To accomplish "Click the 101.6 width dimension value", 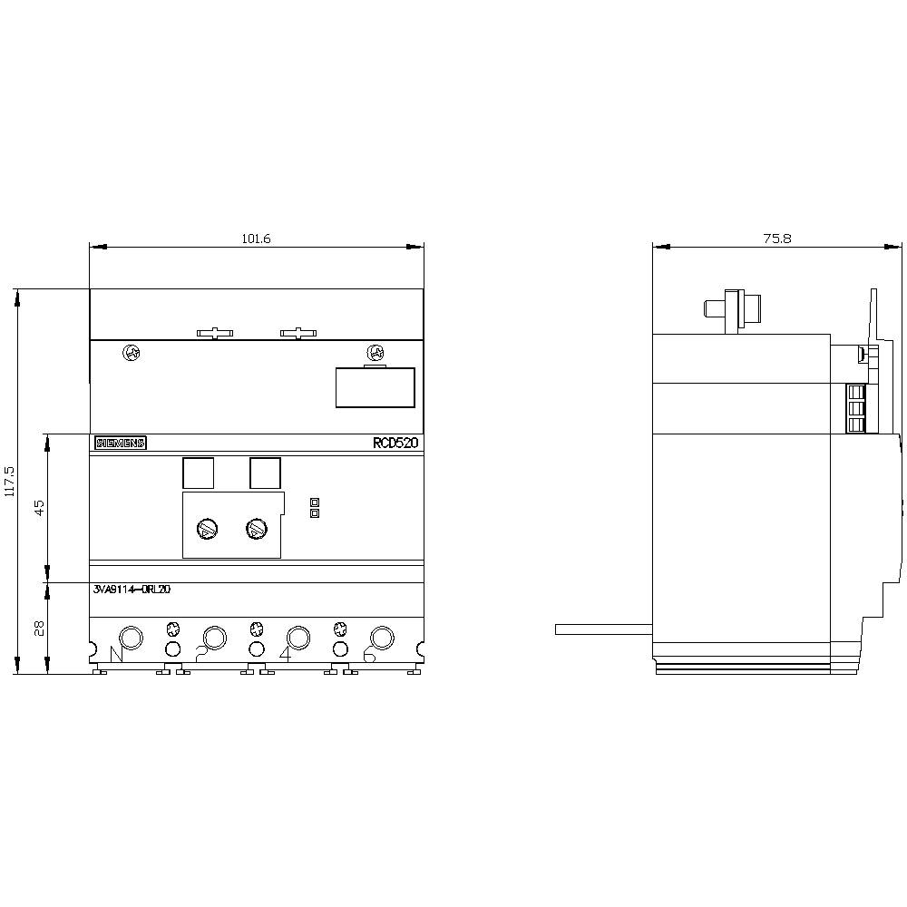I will (x=257, y=239).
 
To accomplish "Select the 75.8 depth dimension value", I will (x=776, y=239).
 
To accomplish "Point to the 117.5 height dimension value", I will (x=10, y=482).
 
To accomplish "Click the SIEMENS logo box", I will (x=120, y=444).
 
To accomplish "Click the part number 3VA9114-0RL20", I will (x=132, y=589).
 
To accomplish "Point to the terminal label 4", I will (x=286, y=654).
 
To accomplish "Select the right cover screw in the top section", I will (x=374, y=352).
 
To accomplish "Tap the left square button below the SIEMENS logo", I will (x=199, y=473).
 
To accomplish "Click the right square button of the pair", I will (x=265, y=473).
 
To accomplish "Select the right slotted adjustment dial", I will (x=256, y=527).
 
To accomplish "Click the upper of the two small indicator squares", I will (x=315, y=501).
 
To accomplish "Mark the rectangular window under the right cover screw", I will (x=375, y=387).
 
